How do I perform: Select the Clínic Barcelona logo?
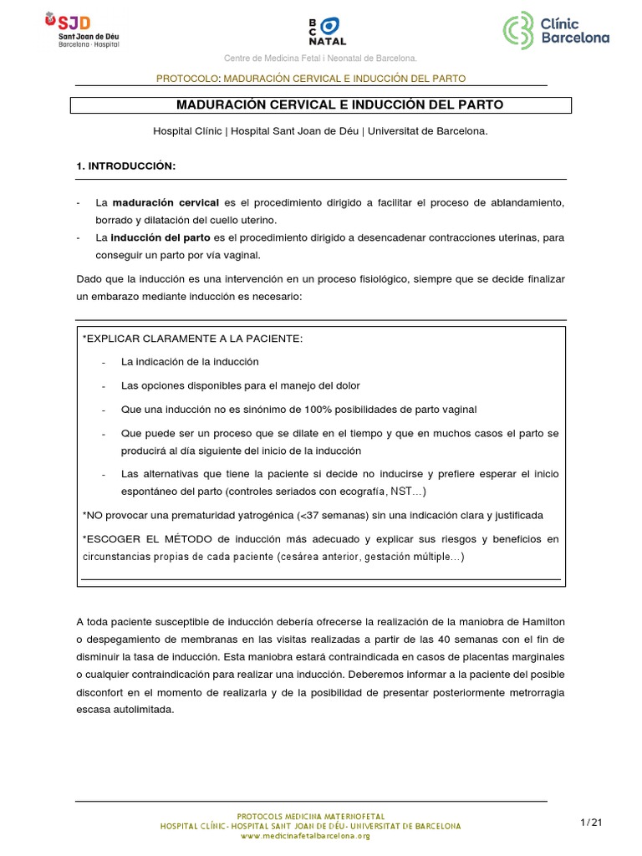(555, 30)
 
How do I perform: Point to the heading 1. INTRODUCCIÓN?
(125, 166)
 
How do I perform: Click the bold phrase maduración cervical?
(166, 203)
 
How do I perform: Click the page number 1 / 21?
(591, 823)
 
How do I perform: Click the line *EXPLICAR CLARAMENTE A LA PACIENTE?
(192, 338)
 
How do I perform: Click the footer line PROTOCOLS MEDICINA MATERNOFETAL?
(310, 814)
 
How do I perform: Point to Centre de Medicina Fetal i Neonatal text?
(319, 58)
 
